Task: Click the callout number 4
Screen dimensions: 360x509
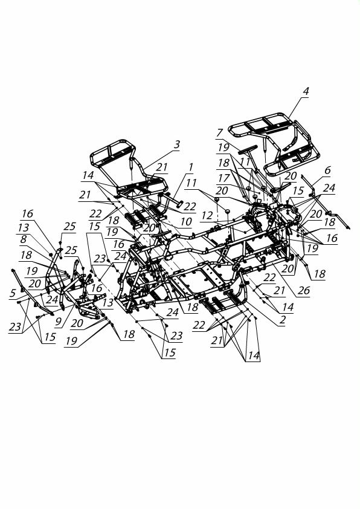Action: pos(306,91)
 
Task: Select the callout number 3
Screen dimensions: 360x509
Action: pos(176,144)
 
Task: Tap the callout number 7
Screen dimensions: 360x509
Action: pos(220,133)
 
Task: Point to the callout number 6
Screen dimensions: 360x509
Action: pos(327,170)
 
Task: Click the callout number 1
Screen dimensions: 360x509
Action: pos(191,167)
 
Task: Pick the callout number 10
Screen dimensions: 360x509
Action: pos(186,222)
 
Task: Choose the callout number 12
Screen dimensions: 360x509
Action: pos(207,216)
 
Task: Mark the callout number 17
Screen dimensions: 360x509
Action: pos(223,178)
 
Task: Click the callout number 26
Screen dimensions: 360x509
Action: pos(304,290)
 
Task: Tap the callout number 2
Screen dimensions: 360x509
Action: pos(283,319)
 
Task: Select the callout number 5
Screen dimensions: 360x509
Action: pos(12,293)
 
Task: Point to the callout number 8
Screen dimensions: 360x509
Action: pos(23,239)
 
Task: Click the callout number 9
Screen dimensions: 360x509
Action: pos(58,322)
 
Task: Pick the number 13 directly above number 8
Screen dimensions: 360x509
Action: pos(24,227)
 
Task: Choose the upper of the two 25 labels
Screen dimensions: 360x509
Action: pos(69,226)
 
